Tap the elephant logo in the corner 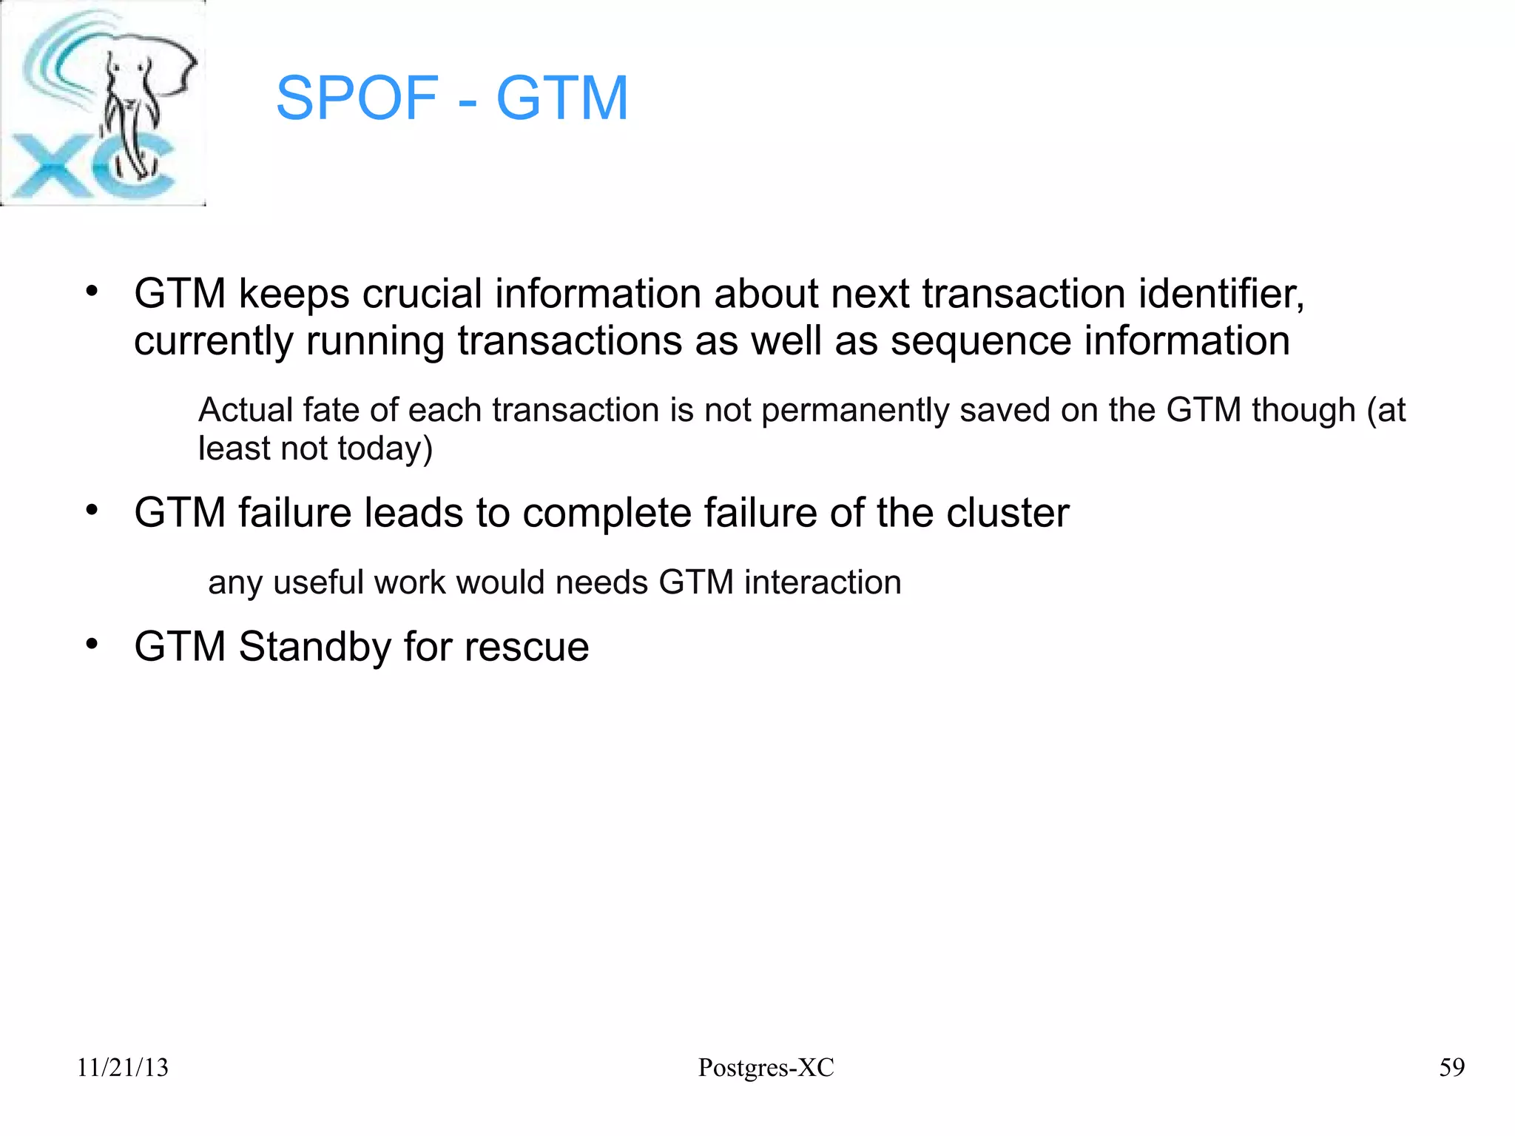pyautogui.click(x=104, y=104)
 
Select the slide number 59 pyautogui.click(x=1451, y=1067)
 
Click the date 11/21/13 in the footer pyautogui.click(x=123, y=1067)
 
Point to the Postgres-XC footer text pyautogui.click(x=766, y=1067)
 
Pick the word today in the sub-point pyautogui.click(x=380, y=449)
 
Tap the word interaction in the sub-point pyautogui.click(x=823, y=582)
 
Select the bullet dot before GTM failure pyautogui.click(x=92, y=510)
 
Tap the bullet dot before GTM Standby pyautogui.click(x=92, y=644)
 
